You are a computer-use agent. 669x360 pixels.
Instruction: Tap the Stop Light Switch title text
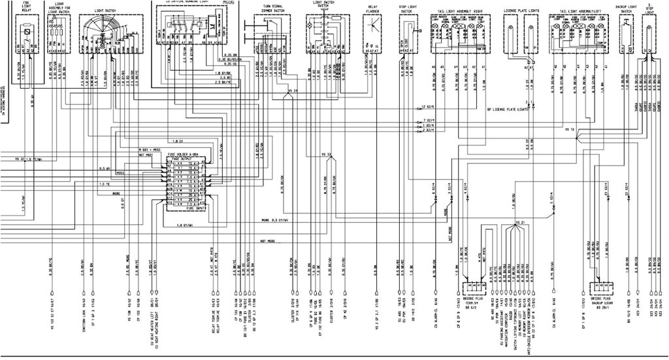(406, 10)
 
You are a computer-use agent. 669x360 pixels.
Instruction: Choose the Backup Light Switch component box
(626, 33)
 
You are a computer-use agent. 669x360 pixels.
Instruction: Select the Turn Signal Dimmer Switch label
(272, 10)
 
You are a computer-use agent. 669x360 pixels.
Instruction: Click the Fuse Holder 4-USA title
(185, 154)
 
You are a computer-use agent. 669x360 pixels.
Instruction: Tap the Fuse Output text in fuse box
(185, 158)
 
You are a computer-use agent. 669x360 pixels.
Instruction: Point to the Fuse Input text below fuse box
(185, 210)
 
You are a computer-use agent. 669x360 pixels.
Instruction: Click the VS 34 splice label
(292, 90)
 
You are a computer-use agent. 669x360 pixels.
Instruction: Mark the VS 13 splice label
(570, 130)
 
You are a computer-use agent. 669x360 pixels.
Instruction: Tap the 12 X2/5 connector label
(429, 106)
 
